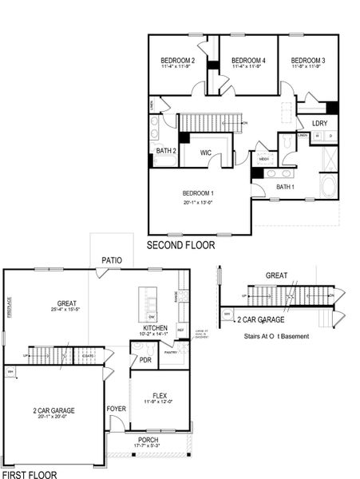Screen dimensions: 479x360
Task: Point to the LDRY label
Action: point(319,123)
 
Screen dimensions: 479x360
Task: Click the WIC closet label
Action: point(205,152)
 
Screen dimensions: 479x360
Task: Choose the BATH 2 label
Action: point(166,151)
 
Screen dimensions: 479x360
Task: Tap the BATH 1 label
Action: point(285,187)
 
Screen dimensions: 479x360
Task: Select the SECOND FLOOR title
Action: point(185,244)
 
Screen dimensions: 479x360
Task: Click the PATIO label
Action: point(111,260)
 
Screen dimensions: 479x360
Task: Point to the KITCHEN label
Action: point(154,328)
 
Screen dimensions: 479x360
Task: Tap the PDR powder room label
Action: point(145,359)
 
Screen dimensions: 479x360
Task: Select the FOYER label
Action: point(116,409)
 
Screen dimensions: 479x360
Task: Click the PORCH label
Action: point(147,440)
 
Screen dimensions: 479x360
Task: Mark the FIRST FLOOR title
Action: point(30,473)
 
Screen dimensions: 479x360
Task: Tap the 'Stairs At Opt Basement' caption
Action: point(276,336)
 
